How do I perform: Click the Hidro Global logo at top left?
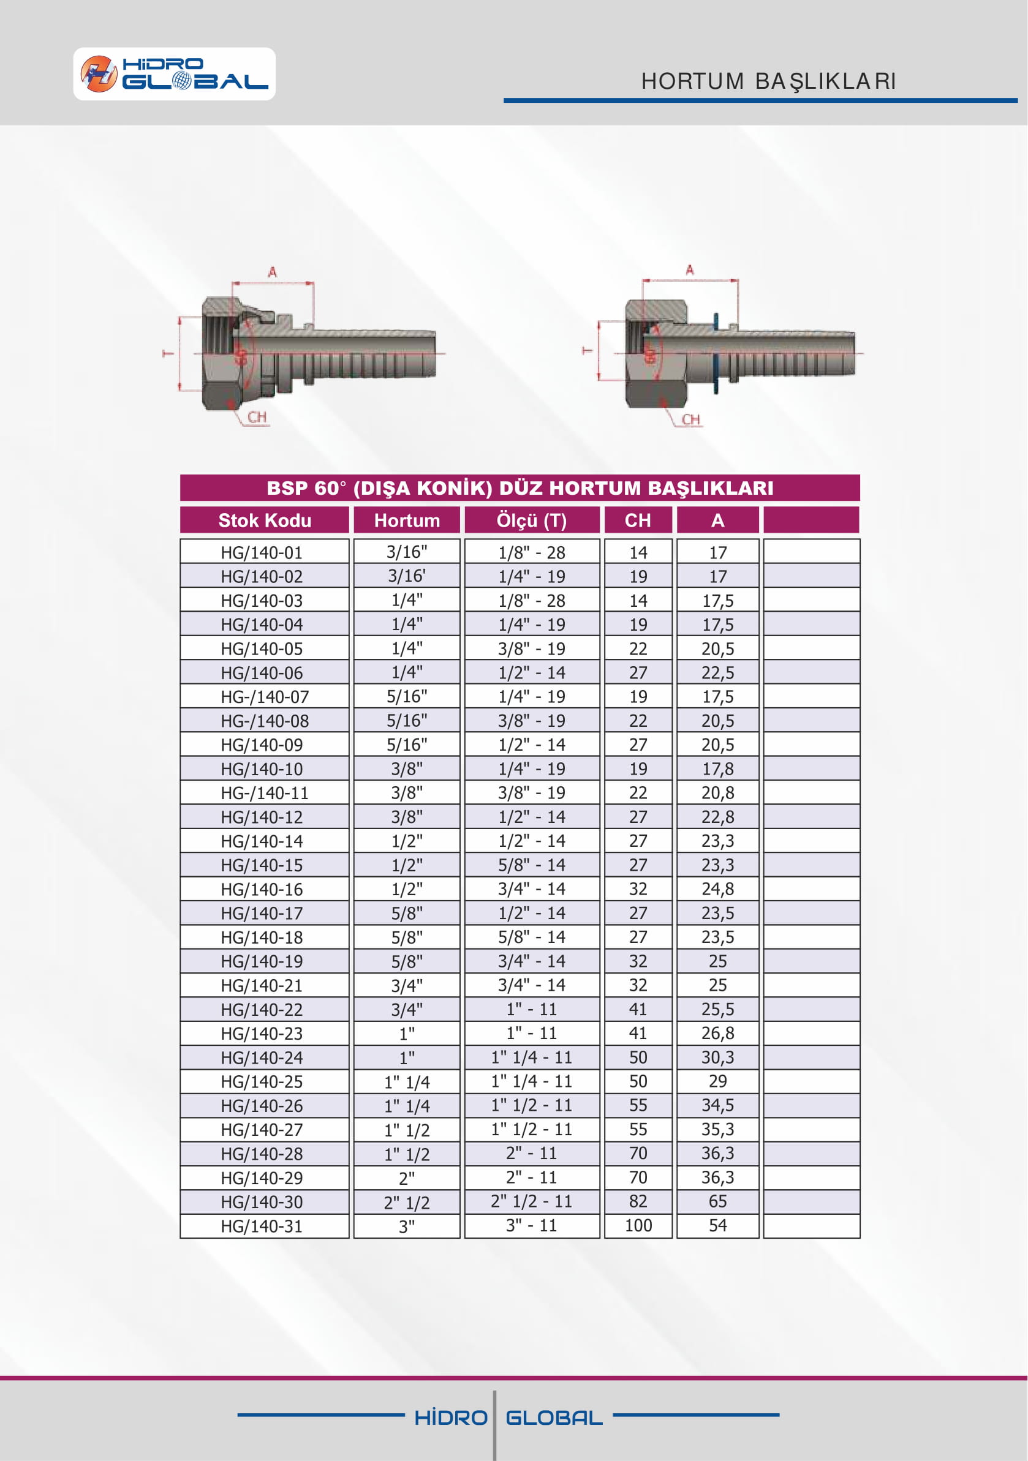[175, 74]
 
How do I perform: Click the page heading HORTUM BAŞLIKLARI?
[768, 81]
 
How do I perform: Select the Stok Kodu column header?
[265, 520]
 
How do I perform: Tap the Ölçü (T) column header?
[532, 520]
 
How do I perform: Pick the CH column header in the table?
[638, 520]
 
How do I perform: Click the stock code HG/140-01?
[262, 552]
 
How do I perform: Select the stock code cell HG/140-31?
[262, 1225]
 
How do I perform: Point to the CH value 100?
[638, 1225]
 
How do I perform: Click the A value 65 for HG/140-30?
[717, 1201]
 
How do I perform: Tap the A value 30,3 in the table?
[717, 1057]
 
